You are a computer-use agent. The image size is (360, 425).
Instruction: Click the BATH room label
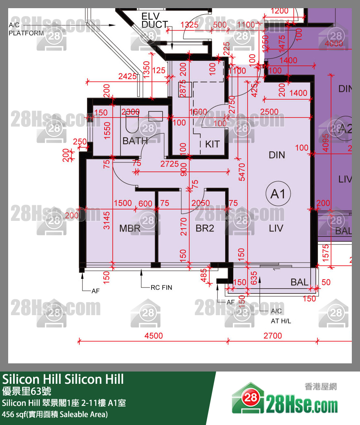(x=135, y=141)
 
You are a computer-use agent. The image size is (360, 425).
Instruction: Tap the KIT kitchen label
(x=212, y=144)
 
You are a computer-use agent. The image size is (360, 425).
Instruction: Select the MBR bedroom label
(x=130, y=228)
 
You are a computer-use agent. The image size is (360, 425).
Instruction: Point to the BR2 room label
(x=205, y=228)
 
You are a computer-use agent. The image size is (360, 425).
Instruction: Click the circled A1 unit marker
(x=278, y=194)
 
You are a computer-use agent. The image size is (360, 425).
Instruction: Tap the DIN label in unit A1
(x=277, y=155)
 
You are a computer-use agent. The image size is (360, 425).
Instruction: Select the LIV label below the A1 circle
(x=276, y=228)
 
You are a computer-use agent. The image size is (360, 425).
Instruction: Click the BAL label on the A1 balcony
(x=300, y=282)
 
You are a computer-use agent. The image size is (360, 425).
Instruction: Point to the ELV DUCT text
(x=154, y=20)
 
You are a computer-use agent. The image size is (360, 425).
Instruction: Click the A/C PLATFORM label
(x=26, y=29)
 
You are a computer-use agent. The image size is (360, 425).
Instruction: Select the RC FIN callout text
(x=161, y=287)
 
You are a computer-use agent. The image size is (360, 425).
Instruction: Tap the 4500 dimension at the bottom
(x=153, y=336)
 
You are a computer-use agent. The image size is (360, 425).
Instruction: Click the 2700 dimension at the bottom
(x=273, y=336)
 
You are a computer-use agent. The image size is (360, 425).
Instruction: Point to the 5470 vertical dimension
(x=243, y=172)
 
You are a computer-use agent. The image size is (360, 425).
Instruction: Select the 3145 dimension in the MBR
(x=107, y=220)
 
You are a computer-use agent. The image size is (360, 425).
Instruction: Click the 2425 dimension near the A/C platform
(x=127, y=76)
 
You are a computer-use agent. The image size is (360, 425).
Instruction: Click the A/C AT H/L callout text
(x=281, y=316)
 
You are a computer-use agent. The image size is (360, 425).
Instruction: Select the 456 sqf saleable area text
(x=55, y=414)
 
